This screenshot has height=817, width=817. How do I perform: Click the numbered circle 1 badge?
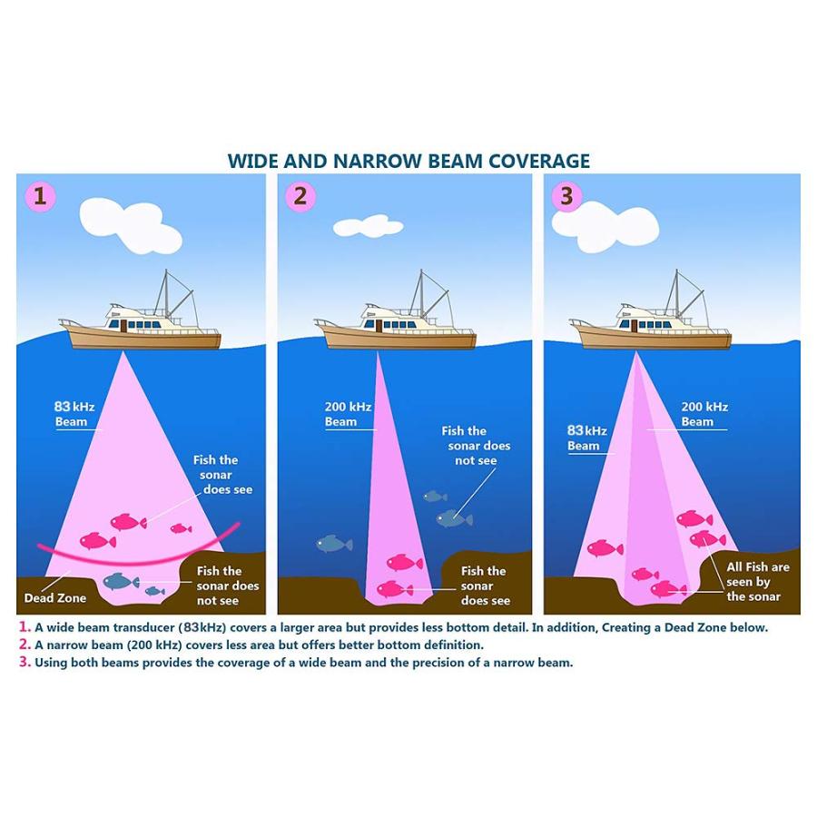tap(40, 196)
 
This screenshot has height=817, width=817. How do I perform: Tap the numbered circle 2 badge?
tap(300, 196)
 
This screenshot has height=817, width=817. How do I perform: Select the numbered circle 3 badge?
tap(566, 196)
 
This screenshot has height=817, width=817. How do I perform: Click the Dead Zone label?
tap(55, 598)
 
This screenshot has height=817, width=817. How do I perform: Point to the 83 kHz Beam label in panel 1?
tap(74, 414)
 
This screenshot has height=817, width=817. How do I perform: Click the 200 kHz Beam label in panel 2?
tap(348, 414)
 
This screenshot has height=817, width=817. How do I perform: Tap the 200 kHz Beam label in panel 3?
tap(704, 414)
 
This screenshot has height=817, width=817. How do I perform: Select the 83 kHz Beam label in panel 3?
tap(586, 438)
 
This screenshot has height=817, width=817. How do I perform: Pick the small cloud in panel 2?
tap(368, 226)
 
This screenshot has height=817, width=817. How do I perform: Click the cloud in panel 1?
tap(130, 224)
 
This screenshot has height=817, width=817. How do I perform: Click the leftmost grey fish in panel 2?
tap(334, 544)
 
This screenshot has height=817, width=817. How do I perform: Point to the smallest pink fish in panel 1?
tap(181, 528)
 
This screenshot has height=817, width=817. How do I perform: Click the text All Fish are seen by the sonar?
tap(758, 582)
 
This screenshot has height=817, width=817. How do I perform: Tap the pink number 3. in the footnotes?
tap(25, 662)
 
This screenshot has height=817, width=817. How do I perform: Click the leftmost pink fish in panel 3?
tap(605, 548)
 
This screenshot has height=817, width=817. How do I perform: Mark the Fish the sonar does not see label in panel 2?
tap(476, 446)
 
